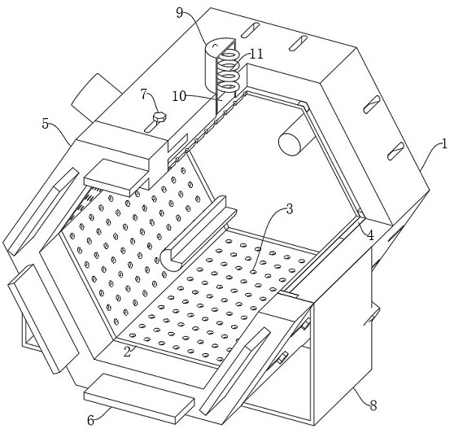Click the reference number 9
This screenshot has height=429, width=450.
click(180, 13)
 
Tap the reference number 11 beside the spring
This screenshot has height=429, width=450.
click(256, 54)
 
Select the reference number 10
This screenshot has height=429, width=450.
click(179, 97)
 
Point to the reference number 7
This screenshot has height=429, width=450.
click(144, 94)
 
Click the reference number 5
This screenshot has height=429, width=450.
click(46, 124)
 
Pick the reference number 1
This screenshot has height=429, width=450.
click(444, 143)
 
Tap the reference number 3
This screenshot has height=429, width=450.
click(290, 209)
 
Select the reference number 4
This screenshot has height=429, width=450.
click(371, 235)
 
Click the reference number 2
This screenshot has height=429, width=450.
click(128, 352)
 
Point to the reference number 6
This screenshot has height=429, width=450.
click(90, 421)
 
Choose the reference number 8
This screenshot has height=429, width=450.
click(373, 405)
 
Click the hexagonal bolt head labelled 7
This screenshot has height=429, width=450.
click(159, 117)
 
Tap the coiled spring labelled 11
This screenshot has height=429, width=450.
click(228, 70)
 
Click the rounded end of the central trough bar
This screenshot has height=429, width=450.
click(170, 260)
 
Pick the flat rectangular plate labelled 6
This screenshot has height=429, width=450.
click(139, 398)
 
